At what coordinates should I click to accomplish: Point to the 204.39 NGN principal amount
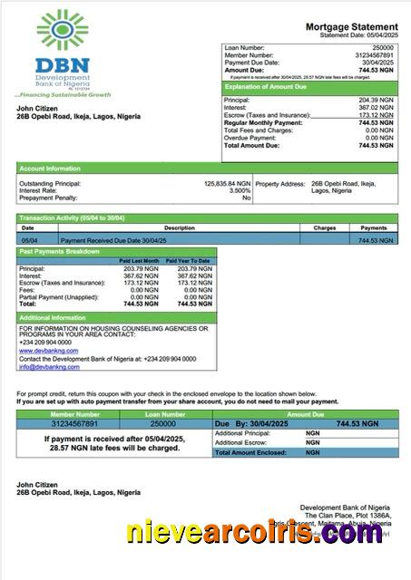point(375,100)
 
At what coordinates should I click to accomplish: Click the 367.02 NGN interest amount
point(375,107)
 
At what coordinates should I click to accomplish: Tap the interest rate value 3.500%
point(240,190)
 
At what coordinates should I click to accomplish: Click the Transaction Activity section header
point(73,218)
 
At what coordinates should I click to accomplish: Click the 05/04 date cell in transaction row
point(29,240)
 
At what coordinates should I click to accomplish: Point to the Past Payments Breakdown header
point(60,251)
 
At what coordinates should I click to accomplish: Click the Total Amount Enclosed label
point(250,451)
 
